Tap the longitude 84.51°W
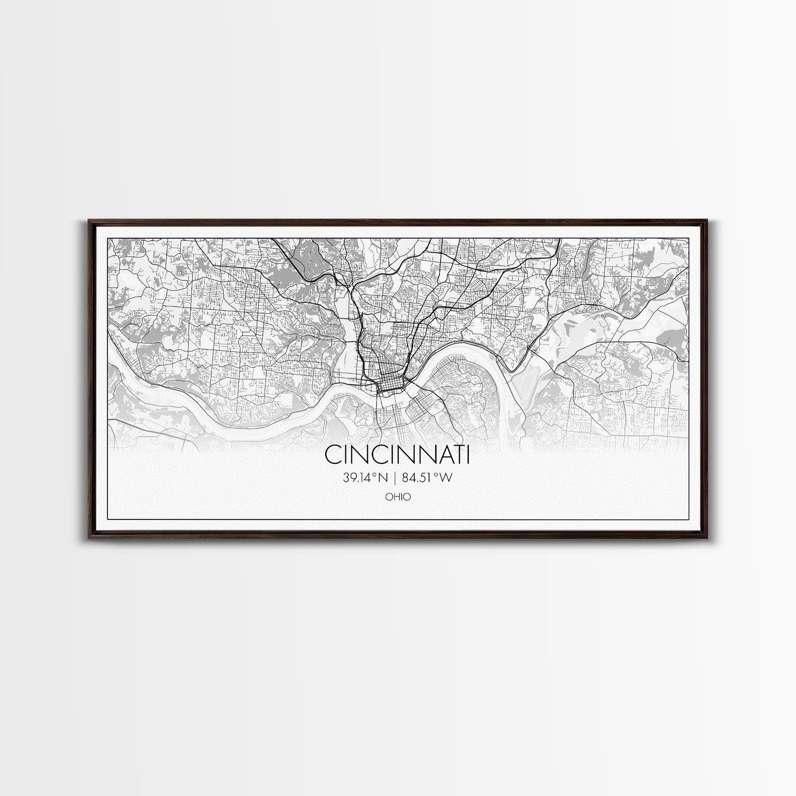(x=427, y=478)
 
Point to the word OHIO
(x=398, y=496)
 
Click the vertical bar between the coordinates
(x=397, y=478)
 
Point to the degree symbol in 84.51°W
(x=438, y=475)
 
